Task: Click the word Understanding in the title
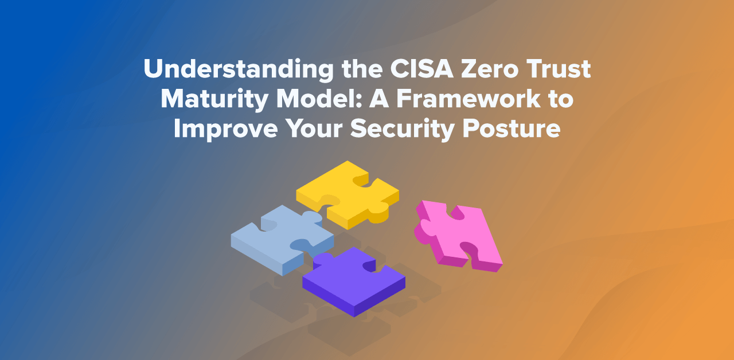239,69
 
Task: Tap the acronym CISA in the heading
422,69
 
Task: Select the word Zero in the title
490,69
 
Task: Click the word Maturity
214,99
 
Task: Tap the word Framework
468,98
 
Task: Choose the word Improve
226,128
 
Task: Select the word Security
402,128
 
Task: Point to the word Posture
511,128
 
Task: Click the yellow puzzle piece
348,195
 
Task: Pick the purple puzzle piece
354,281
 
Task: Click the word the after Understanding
362,69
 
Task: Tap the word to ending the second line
561,99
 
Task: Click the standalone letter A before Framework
379,98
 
